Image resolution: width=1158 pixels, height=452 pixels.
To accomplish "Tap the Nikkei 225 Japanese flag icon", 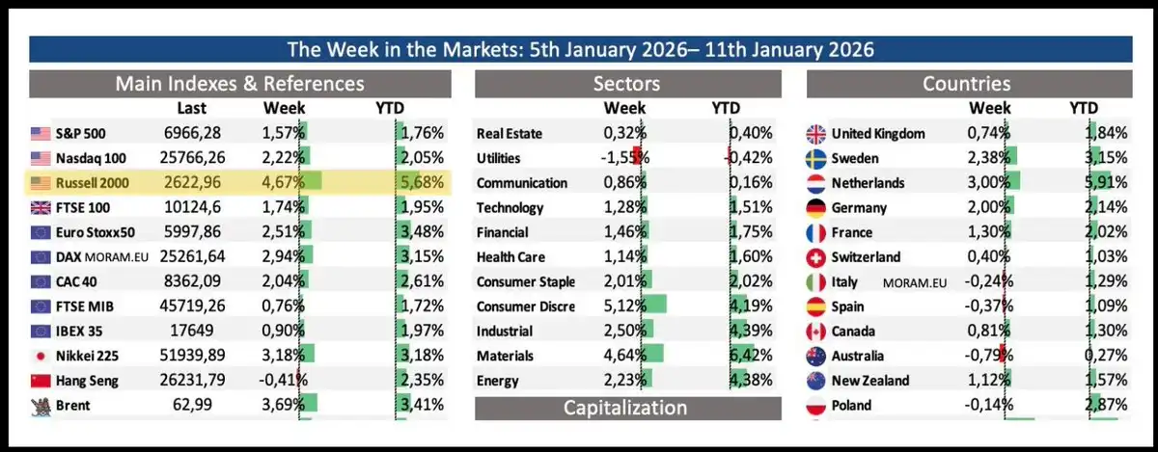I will pos(41,356).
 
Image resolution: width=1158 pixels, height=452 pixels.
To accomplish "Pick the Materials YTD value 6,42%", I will pos(751,357).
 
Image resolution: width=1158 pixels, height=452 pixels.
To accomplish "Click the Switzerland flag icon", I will pos(815,257).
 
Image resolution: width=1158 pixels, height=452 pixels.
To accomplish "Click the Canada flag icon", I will pos(815,332).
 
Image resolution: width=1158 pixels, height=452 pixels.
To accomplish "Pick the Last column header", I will pos(191,108).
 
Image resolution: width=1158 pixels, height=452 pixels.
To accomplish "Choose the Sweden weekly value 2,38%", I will pos(987,158).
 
